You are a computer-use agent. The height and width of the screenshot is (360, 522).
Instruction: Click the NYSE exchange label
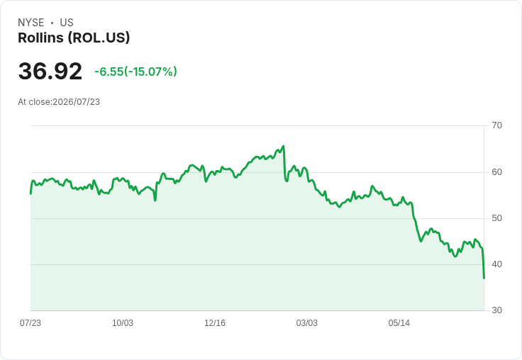31,23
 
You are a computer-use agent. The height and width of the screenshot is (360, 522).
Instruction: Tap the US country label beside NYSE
67,23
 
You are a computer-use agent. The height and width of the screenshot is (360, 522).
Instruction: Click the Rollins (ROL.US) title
74,38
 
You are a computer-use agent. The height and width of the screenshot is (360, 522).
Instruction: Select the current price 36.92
50,71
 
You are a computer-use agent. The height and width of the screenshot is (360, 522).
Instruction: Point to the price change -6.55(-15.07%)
136,72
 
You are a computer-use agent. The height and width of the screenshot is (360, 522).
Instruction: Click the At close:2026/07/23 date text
59,102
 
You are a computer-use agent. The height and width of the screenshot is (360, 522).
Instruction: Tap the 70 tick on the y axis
496,125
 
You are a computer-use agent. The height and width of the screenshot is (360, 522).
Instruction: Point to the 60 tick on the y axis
496,172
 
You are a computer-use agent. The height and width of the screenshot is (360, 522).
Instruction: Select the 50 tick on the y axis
496,218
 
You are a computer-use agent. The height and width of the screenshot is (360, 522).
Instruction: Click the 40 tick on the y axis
496,264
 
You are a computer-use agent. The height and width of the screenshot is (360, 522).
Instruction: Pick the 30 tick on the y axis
496,310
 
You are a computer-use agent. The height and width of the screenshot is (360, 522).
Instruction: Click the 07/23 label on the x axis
30,323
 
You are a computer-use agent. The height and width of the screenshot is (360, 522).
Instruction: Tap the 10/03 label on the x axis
123,323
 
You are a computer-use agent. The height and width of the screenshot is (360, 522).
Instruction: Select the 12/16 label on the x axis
215,323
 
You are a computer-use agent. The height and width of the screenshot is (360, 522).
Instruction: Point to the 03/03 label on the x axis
307,323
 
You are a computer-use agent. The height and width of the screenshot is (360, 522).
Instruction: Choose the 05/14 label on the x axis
399,323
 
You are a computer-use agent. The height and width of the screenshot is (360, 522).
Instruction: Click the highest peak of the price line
283,146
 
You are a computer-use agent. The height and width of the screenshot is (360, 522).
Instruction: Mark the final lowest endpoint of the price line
484,278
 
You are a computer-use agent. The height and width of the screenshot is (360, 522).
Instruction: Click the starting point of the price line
30,193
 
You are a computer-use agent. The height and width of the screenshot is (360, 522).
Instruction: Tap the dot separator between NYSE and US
52,23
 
